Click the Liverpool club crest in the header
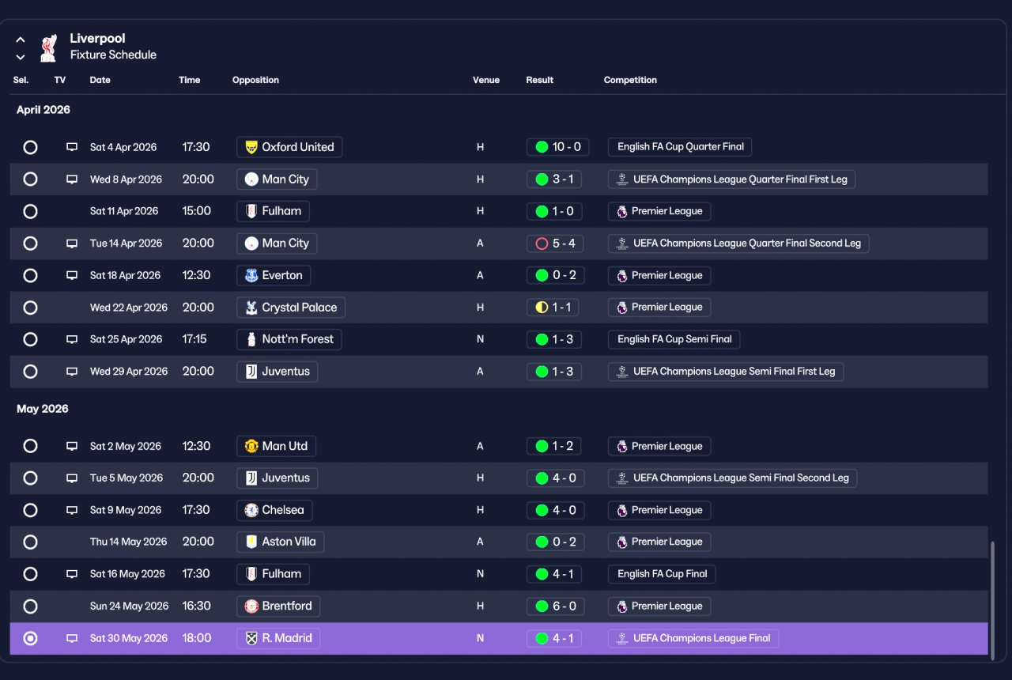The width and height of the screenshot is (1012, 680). point(48,48)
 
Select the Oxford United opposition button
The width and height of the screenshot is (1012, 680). point(289,147)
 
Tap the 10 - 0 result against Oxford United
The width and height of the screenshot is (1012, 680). point(557,147)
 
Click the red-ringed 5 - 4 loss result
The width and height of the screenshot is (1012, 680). point(555,244)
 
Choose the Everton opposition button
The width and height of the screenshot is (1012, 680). point(274,275)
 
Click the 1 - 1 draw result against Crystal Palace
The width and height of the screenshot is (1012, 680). point(553,308)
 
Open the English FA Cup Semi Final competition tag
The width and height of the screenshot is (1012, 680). point(674,339)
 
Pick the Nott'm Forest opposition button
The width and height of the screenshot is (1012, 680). point(289,339)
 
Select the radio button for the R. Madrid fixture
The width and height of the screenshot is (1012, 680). point(30,638)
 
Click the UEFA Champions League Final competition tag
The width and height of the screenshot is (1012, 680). point(693,638)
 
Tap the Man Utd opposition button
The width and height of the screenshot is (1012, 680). point(276,446)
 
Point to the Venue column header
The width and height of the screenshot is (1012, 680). point(486,80)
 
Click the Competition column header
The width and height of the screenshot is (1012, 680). point(630,80)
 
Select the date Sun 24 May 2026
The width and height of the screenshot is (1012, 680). point(129,606)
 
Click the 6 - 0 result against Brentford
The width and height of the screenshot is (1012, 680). point(555,606)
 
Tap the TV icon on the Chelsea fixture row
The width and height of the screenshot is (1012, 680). point(72,510)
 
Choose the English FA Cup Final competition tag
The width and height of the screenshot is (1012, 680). point(662,574)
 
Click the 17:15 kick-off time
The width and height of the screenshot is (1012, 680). point(194,339)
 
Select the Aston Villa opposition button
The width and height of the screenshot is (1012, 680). point(280,542)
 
